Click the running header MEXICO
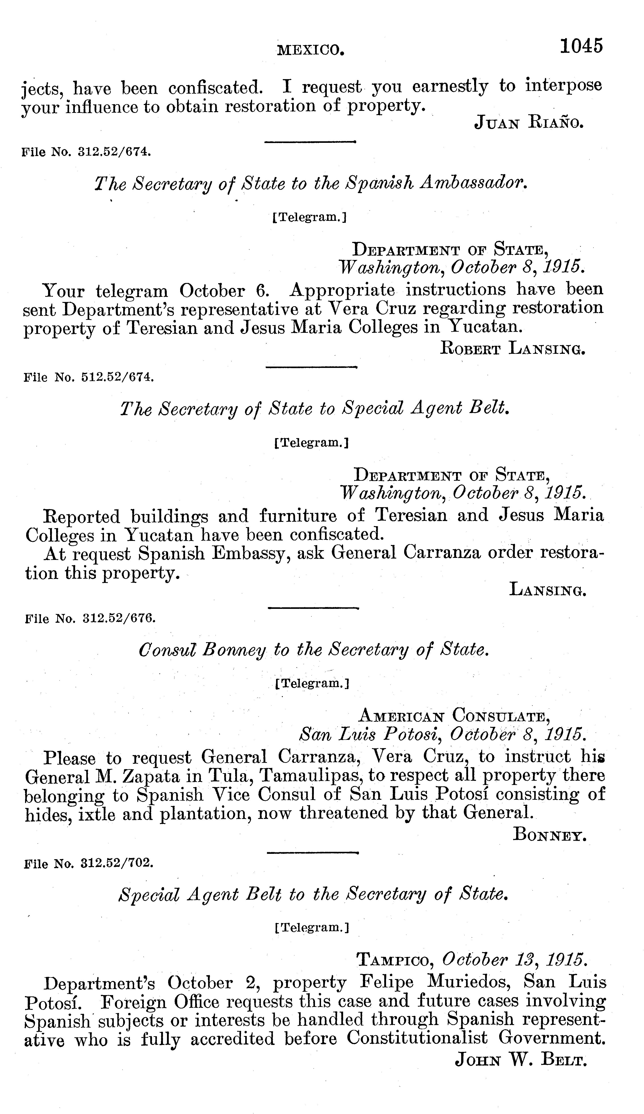coord(310,50)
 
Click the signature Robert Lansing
coord(513,349)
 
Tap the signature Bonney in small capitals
coord(549,834)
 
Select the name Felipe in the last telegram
coord(387,982)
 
